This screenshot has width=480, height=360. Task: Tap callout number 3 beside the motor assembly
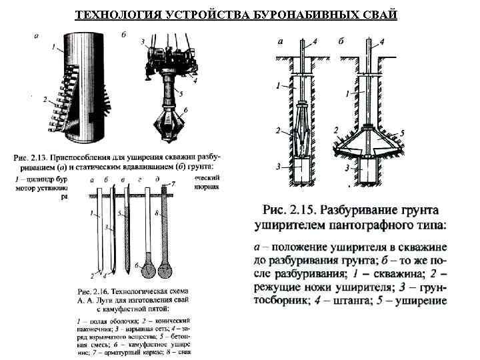pos(143,41)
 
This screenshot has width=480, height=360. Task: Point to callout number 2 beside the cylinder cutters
pos(45,99)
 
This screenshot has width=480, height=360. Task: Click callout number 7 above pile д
pos(173,183)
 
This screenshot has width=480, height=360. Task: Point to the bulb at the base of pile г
pos(147,268)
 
